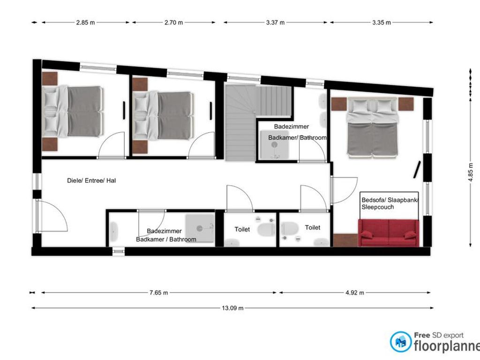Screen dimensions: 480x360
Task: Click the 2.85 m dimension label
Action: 85,22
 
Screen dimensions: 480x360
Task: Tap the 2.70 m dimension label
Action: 173,22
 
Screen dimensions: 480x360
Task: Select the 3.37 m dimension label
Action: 275,22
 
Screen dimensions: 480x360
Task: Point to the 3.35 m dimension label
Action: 382,22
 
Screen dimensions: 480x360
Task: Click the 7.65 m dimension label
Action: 158,292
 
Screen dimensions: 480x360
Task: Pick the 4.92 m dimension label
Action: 355,292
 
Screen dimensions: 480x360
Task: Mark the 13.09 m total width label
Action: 232,308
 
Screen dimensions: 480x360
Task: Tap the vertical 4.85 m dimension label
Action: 471,172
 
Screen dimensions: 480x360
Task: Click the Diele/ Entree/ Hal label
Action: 91,180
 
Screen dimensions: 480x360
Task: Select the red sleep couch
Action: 389,232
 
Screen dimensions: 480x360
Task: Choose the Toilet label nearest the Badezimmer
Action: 242,229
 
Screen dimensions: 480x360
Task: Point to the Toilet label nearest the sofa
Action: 313,227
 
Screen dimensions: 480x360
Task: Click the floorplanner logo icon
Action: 401,342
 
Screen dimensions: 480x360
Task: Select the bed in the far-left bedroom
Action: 73,111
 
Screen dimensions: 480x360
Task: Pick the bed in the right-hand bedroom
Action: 372,128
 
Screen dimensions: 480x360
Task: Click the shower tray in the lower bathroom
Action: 200,228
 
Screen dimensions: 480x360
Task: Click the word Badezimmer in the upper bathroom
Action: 292,127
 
